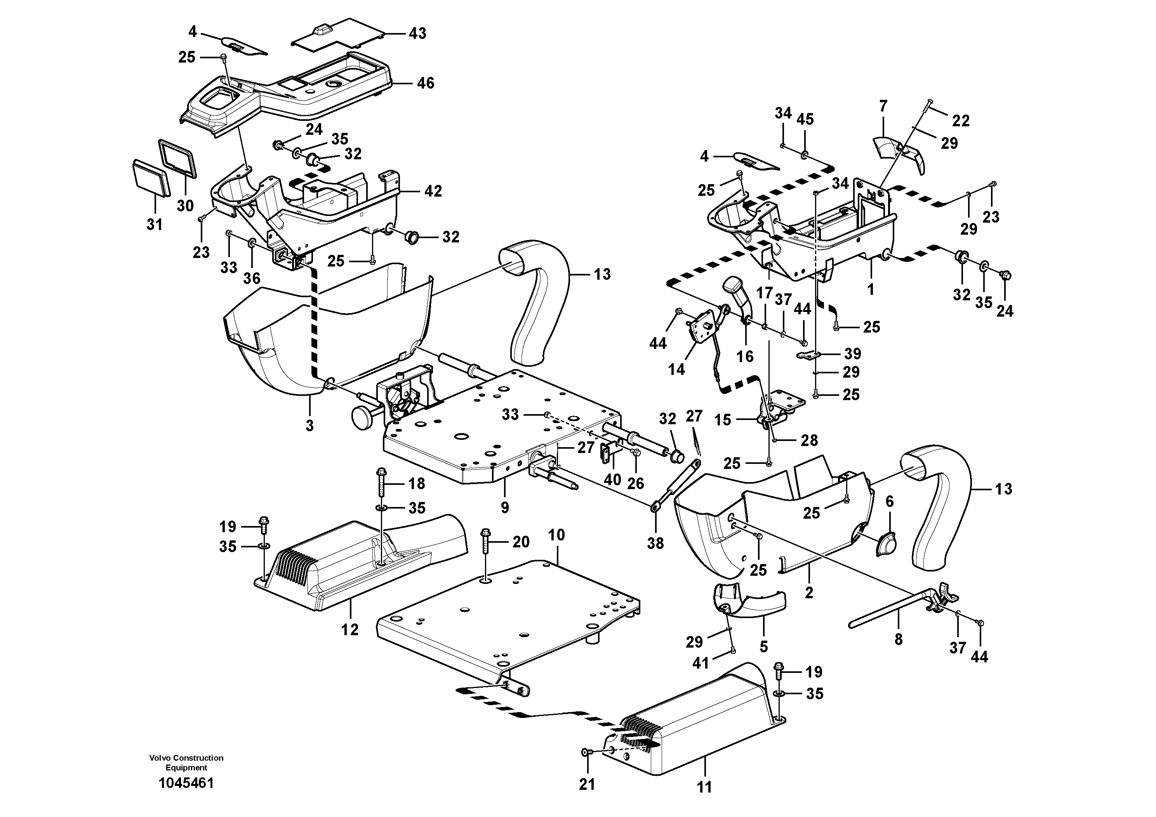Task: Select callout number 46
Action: coord(426,83)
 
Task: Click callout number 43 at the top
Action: coord(417,33)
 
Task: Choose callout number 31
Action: coord(155,225)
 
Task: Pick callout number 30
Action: coord(185,206)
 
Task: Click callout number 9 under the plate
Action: coord(505,507)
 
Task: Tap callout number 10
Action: coord(557,535)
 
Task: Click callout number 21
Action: coord(587,784)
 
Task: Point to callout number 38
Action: coord(655,543)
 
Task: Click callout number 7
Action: coord(883,106)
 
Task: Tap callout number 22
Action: coord(961,120)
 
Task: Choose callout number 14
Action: coord(676,369)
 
